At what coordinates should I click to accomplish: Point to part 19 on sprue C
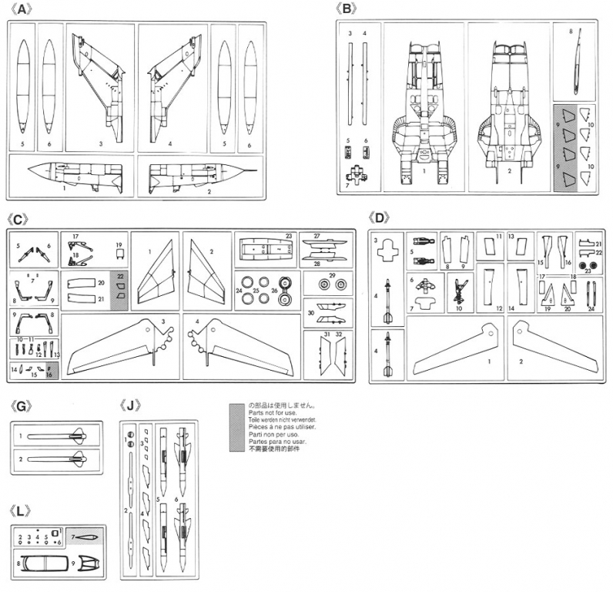pos(119,253)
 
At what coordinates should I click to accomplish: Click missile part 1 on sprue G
pos(58,437)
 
